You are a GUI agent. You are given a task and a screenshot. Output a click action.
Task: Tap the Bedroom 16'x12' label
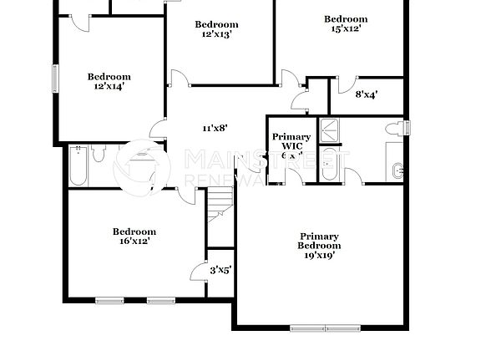134,236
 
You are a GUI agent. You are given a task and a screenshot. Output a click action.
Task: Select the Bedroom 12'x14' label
109,82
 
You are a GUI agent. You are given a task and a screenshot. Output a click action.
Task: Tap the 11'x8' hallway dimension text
215,128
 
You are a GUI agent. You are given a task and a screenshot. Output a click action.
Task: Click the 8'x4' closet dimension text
367,94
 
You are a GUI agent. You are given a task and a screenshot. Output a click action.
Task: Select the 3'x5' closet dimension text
220,269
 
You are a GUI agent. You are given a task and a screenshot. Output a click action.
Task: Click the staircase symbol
220,203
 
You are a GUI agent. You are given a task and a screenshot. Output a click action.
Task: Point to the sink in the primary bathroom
400,170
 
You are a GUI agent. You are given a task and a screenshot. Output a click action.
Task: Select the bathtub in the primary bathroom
329,165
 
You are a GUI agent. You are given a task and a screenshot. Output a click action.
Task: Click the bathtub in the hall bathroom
78,165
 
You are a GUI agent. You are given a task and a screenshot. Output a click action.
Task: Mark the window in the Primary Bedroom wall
326,327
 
